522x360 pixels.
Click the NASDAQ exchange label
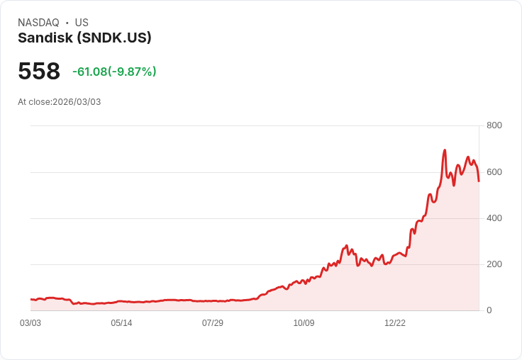pos(38,23)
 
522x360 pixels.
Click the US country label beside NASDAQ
pos(82,23)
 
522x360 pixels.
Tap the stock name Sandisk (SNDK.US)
pos(84,38)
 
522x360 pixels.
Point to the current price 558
pos(39,72)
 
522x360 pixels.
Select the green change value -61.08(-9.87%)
pos(114,72)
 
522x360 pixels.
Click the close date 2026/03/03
pos(77,102)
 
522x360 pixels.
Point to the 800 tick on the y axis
pos(494,125)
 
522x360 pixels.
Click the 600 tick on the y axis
pos(494,172)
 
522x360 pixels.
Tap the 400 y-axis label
pos(494,218)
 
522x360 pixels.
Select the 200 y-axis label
pos(494,264)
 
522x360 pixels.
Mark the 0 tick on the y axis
pos(489,310)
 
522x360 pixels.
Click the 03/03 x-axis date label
pos(30,323)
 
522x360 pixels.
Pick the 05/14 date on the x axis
pos(121,323)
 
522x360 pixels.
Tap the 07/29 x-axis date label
pos(213,323)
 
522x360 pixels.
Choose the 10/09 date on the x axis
pos(304,323)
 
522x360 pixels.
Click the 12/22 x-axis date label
pos(395,323)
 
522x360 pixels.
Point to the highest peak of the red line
pos(445,150)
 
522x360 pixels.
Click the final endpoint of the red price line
pos(479,181)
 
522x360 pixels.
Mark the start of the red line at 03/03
pos(30,300)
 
